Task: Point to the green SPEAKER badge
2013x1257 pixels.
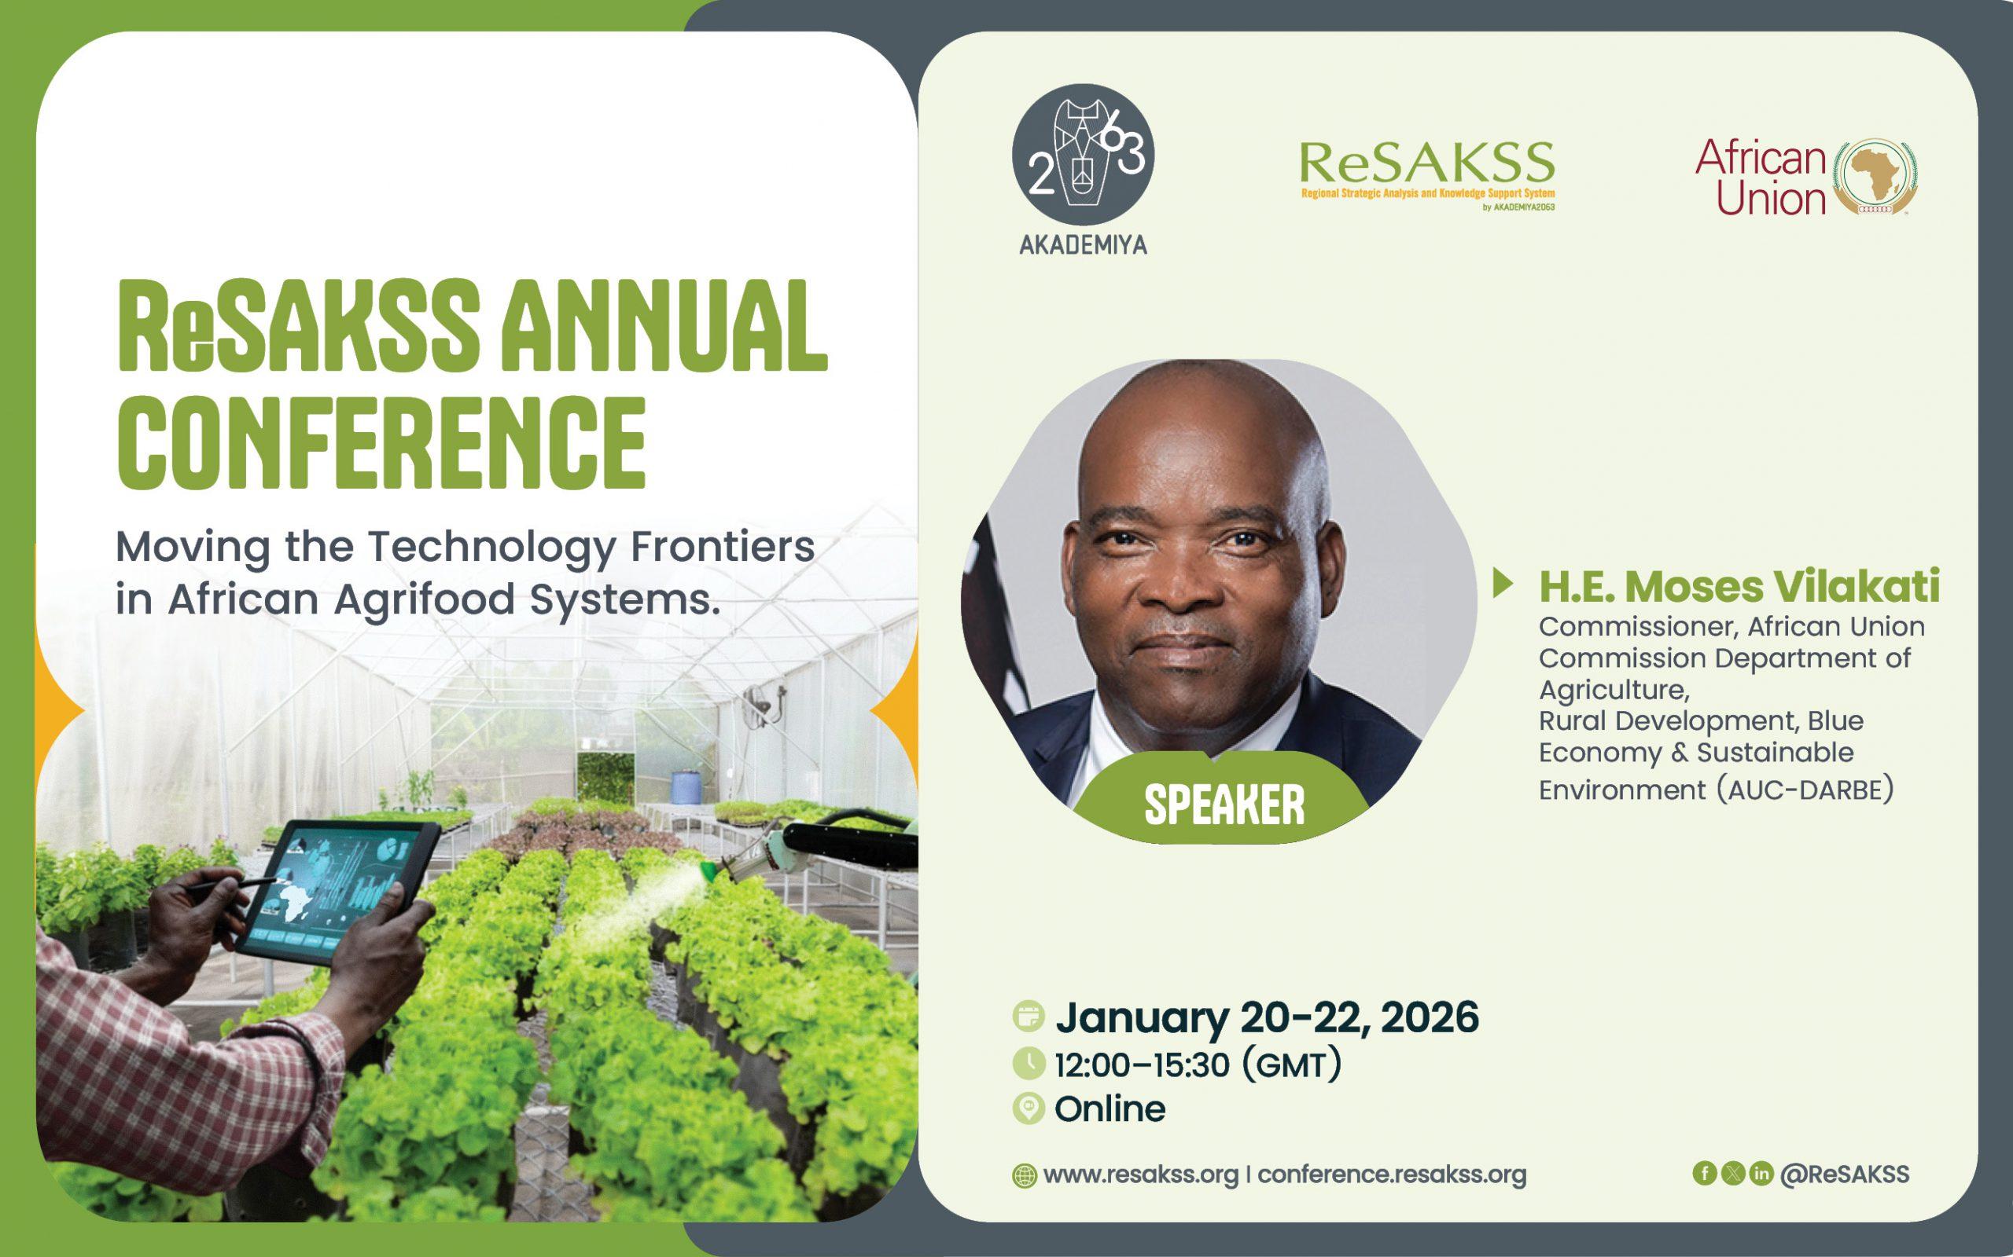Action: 1224,802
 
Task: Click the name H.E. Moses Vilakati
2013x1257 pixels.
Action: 1739,587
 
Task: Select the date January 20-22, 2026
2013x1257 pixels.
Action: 1268,1018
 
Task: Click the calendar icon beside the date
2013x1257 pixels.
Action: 1029,1017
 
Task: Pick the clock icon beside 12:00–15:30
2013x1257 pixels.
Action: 1029,1063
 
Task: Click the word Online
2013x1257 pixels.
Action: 1110,1109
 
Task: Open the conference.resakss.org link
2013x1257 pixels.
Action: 1393,1175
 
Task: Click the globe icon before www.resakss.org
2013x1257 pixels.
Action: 1024,1175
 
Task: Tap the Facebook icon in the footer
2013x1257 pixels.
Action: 1705,1173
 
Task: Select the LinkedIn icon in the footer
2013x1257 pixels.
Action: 1761,1173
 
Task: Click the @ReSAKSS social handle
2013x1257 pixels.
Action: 1845,1174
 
